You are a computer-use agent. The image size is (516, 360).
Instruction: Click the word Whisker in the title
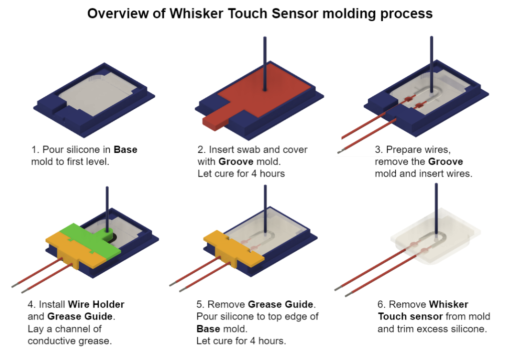pos(197,14)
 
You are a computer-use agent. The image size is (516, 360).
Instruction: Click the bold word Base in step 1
pos(125,149)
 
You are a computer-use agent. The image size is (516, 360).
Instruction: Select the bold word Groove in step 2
pos(235,161)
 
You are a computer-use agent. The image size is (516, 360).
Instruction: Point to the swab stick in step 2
pos(265,60)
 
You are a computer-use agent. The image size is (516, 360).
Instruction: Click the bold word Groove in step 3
pos(446,162)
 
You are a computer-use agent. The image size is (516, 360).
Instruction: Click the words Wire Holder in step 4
pos(96,304)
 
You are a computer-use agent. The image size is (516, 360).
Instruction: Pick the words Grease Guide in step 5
pos(281,304)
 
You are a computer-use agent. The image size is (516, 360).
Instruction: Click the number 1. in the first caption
pos(35,149)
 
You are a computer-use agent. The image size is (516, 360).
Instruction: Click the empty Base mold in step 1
pos(95,98)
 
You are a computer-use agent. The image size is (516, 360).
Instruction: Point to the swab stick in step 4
pos(106,206)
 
